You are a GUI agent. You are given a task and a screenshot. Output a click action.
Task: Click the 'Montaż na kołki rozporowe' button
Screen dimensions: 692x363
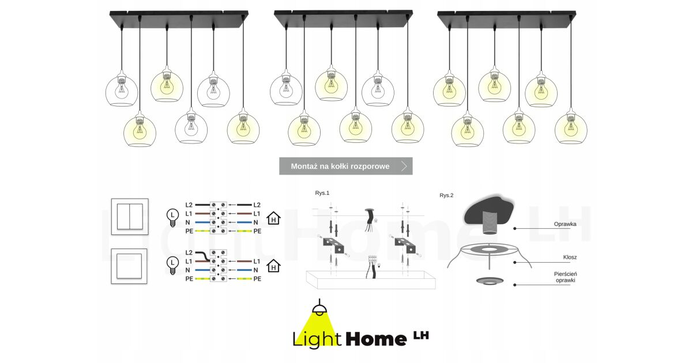click(x=345, y=166)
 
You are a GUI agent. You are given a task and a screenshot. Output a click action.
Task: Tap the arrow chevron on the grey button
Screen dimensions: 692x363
click(x=404, y=166)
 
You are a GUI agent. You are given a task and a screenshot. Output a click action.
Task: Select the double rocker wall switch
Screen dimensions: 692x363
click(x=130, y=217)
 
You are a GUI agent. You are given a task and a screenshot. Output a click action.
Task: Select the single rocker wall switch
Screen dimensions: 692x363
click(x=129, y=266)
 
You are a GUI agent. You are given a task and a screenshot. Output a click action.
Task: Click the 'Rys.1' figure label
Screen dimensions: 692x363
click(x=322, y=193)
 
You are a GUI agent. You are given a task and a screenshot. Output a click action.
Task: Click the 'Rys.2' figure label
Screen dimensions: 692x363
click(x=446, y=195)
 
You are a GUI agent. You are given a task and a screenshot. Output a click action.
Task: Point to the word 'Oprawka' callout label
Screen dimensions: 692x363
click(x=565, y=224)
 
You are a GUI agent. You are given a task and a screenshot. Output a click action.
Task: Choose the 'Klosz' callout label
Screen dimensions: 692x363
click(x=570, y=257)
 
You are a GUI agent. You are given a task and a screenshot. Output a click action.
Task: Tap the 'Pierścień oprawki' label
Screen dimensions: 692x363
click(x=565, y=277)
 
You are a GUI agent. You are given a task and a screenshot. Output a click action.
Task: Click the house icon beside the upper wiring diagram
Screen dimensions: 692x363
click(x=273, y=218)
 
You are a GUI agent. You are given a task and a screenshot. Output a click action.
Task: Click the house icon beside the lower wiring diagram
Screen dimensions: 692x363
click(x=273, y=266)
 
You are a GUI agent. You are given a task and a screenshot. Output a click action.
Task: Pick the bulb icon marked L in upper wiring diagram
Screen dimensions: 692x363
click(x=172, y=218)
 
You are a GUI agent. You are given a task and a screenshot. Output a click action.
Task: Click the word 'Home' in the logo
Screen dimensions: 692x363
click(x=376, y=339)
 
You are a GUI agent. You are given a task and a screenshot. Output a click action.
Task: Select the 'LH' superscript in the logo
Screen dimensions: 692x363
click(x=421, y=335)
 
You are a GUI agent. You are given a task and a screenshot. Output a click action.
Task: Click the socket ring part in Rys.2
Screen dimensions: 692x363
click(x=490, y=281)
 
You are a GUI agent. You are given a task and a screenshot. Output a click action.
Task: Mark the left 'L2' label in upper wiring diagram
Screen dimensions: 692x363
click(x=189, y=205)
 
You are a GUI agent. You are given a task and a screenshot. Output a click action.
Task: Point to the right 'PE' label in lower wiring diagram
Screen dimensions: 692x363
click(x=257, y=279)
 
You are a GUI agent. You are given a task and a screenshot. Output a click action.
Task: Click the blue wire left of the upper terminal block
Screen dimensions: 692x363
click(x=202, y=222)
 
